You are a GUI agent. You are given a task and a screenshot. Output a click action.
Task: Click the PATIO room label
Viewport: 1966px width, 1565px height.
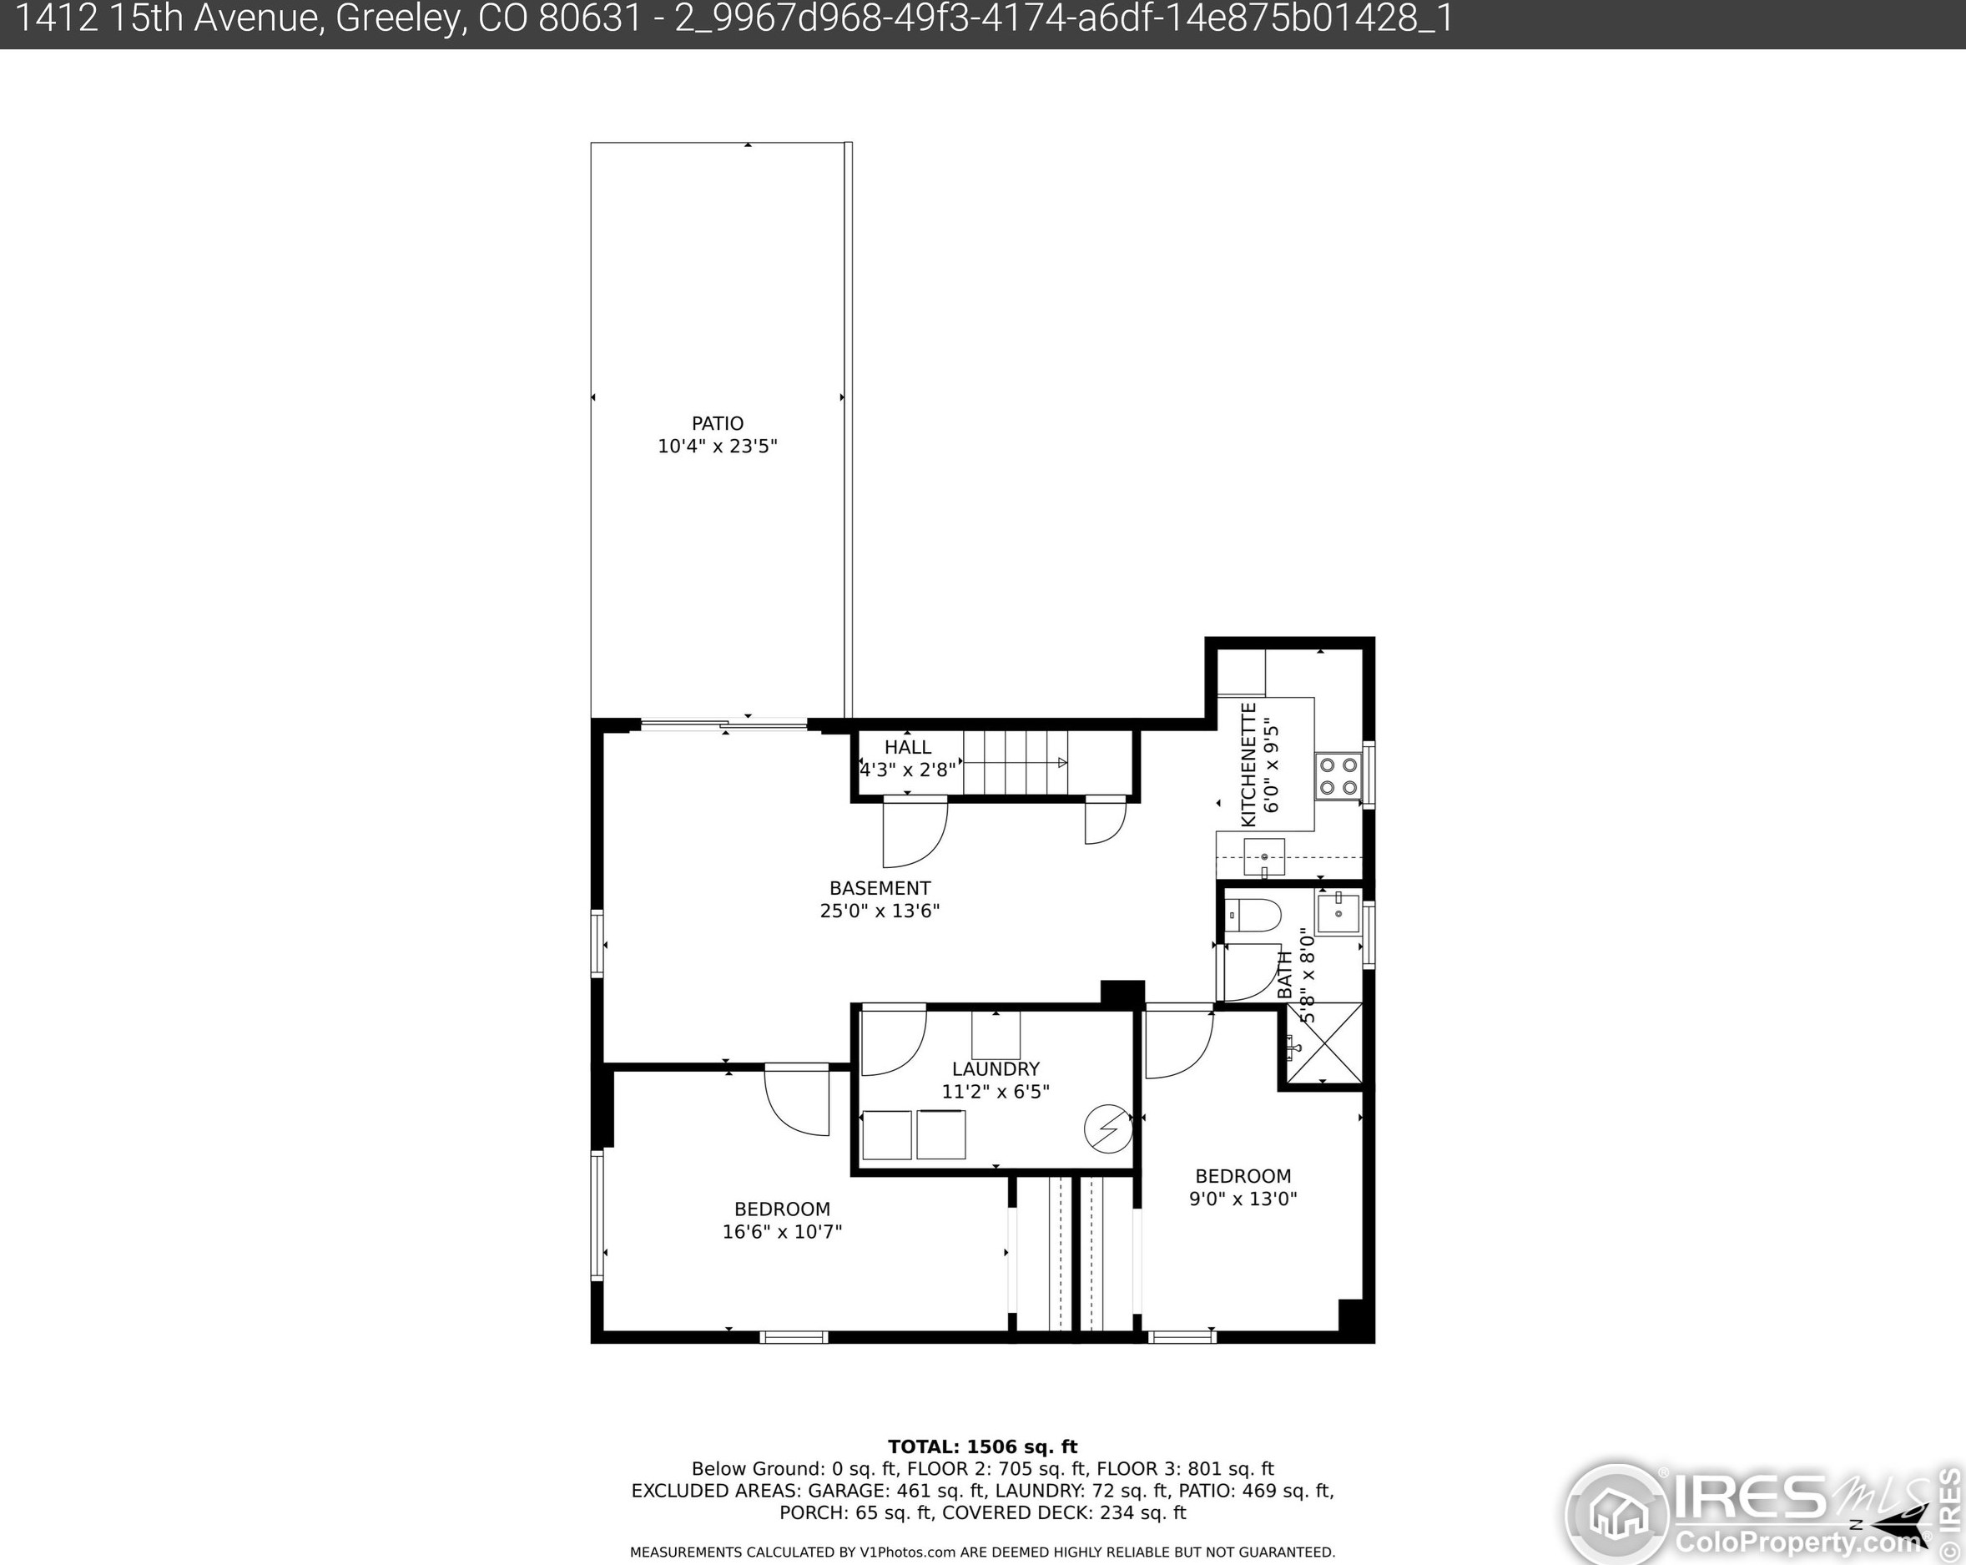point(718,423)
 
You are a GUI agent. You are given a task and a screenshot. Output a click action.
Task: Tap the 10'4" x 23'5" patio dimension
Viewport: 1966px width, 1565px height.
point(718,446)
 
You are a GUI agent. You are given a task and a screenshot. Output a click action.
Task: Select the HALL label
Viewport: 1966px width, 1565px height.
point(907,747)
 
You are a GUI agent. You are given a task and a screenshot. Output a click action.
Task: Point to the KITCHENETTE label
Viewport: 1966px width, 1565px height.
point(1249,765)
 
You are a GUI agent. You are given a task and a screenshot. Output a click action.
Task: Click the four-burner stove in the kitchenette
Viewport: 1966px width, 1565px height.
point(1338,776)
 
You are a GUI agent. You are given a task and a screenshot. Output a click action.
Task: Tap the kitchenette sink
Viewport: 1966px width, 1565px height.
point(1264,857)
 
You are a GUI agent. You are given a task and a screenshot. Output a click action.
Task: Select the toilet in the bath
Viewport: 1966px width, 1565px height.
point(1254,915)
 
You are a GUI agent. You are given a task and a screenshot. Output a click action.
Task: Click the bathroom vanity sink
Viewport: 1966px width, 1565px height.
point(1338,913)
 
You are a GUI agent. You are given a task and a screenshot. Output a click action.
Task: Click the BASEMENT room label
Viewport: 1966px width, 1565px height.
point(880,888)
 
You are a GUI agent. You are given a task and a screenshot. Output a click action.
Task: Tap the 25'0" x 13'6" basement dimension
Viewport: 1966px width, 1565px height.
point(880,911)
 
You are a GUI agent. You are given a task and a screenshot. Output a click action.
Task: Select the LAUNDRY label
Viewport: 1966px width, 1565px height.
point(996,1069)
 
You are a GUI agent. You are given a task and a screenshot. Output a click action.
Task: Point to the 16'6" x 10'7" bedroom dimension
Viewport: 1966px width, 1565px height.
point(783,1232)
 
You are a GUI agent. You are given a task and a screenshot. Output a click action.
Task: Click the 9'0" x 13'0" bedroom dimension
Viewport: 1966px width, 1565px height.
point(1243,1199)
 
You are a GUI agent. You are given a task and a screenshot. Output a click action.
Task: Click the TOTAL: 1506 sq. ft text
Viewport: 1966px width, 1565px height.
point(983,1447)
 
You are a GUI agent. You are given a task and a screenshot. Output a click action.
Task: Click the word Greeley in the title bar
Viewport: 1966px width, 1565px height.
point(399,20)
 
